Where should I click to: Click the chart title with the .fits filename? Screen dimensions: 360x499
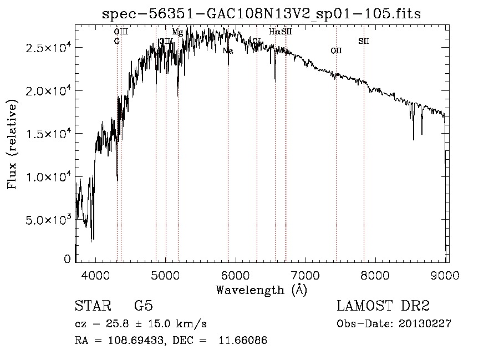tap(262, 14)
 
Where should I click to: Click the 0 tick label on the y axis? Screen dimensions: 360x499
tap(67, 259)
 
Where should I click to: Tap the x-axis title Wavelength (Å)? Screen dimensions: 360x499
tap(261, 289)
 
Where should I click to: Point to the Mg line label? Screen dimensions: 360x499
tap(177, 32)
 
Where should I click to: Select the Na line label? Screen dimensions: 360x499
tap(228, 51)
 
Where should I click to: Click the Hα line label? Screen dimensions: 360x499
tap(274, 32)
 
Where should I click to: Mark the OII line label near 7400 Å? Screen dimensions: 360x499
tap(336, 51)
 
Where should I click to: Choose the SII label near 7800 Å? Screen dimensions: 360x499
tap(364, 41)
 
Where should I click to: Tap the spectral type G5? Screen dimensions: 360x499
tap(144, 306)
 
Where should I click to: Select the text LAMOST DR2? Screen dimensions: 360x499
tap(383, 306)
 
